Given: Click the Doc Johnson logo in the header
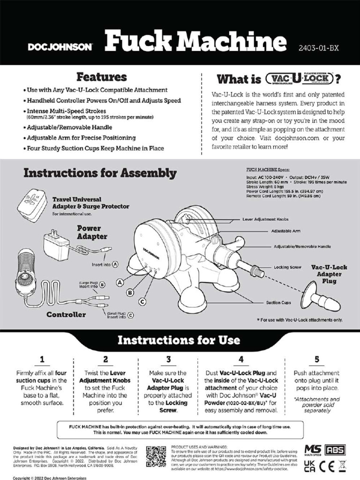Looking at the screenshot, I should point(60,47).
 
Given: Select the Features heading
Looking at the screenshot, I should point(102,76).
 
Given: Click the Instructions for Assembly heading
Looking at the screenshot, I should point(100,173).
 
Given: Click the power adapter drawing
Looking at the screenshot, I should point(56,244).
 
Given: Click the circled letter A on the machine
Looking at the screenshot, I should point(120,283).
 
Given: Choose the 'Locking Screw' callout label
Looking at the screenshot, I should point(287,267).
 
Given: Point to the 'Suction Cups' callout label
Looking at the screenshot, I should point(278,303).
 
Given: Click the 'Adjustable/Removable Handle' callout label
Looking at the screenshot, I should point(302,246).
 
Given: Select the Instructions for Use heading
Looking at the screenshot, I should point(179,340).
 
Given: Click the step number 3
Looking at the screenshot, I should point(168,360).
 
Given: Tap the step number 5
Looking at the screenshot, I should point(316,360).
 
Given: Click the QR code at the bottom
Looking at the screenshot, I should point(156,456).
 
